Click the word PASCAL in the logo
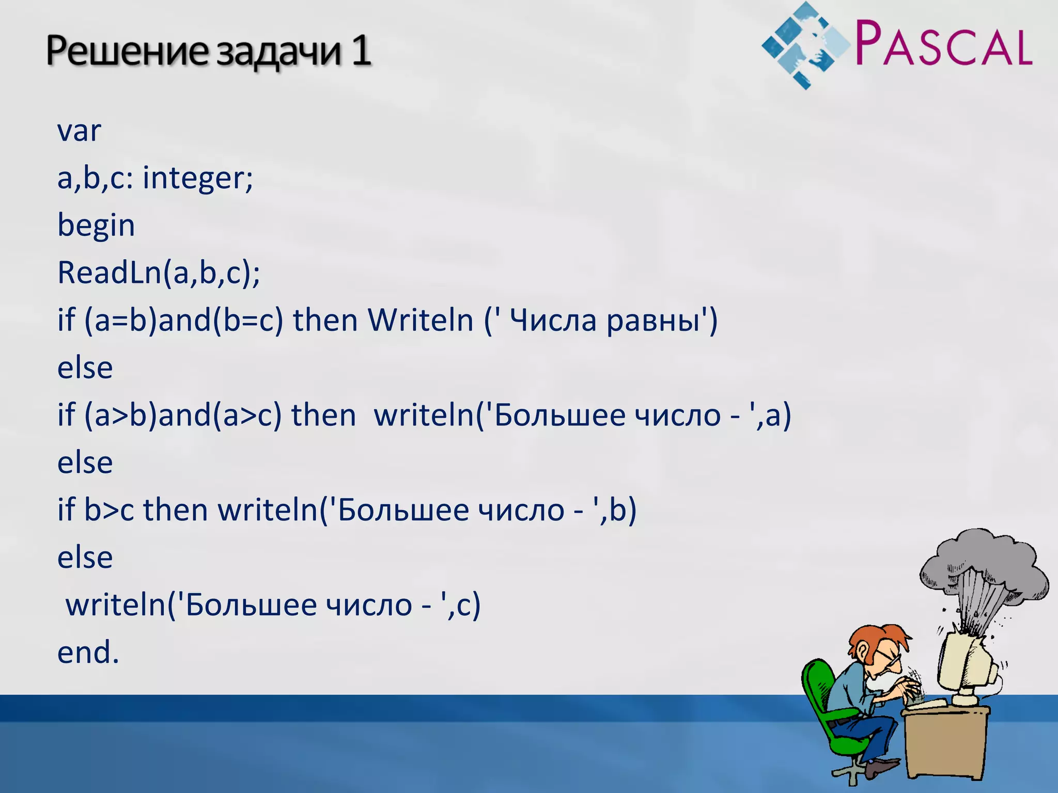[x=943, y=43]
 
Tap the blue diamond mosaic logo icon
[x=804, y=45]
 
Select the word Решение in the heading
[x=127, y=52]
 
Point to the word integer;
[x=198, y=178]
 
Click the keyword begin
[x=96, y=226]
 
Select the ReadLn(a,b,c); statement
[x=159, y=273]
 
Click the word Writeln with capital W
[x=421, y=320]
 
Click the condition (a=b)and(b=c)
[x=184, y=320]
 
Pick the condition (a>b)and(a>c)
[x=183, y=415]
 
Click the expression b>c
[x=109, y=510]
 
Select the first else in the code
[x=85, y=368]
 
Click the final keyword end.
[x=88, y=652]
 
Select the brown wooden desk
[x=945, y=743]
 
